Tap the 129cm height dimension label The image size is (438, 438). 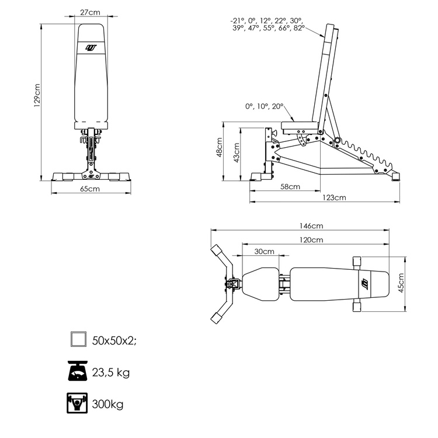[x=37, y=95]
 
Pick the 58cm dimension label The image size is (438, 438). [x=290, y=187]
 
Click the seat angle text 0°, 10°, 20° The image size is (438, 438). [x=264, y=106]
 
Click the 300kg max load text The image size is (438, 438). [x=107, y=404]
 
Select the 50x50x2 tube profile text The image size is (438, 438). [x=114, y=340]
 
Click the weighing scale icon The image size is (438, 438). [x=78, y=371]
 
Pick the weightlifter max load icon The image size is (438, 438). [x=78, y=403]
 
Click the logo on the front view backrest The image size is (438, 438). [x=91, y=48]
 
